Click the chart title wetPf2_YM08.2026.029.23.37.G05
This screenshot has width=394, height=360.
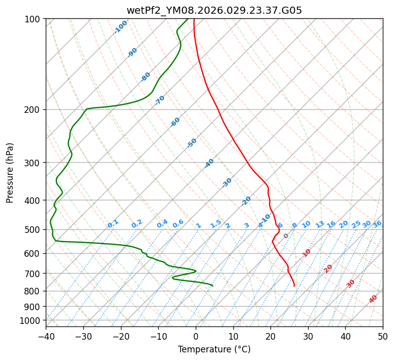(x=214, y=10)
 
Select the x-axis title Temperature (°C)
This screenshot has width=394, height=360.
(x=214, y=350)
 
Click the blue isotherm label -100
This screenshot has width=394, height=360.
(x=120, y=27)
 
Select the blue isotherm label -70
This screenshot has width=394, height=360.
(x=160, y=100)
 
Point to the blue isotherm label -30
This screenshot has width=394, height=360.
(x=227, y=183)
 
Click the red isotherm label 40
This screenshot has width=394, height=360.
(x=373, y=299)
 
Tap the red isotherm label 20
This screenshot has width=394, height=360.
(x=328, y=268)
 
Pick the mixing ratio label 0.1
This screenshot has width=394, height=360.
(x=113, y=224)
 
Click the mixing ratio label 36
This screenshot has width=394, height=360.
(x=377, y=224)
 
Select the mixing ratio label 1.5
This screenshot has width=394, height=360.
(x=216, y=224)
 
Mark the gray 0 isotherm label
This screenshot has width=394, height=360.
(x=286, y=236)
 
